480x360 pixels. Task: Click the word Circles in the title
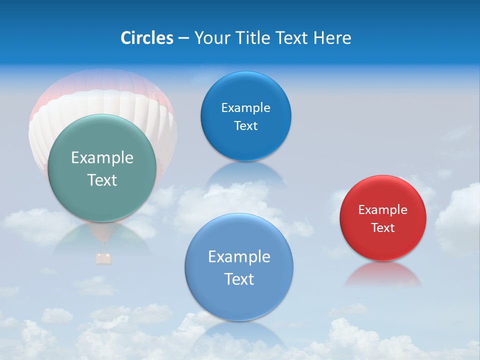[147, 38]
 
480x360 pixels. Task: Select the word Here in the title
[332, 38]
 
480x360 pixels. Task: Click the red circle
[383, 218]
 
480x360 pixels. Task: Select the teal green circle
[102, 168]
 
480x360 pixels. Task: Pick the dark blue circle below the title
[245, 116]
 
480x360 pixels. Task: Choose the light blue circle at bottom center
[239, 267]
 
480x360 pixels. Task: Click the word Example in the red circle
[383, 210]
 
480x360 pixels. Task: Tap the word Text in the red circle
[383, 228]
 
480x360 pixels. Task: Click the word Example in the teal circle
[102, 158]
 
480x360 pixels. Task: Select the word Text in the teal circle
[102, 180]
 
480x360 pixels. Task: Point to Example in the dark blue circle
[245, 108]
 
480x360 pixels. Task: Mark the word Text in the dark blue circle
[245, 126]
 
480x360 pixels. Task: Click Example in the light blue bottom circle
[239, 257]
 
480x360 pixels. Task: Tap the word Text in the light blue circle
[239, 279]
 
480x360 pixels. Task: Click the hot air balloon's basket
[103, 258]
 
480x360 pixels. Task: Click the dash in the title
[183, 38]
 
